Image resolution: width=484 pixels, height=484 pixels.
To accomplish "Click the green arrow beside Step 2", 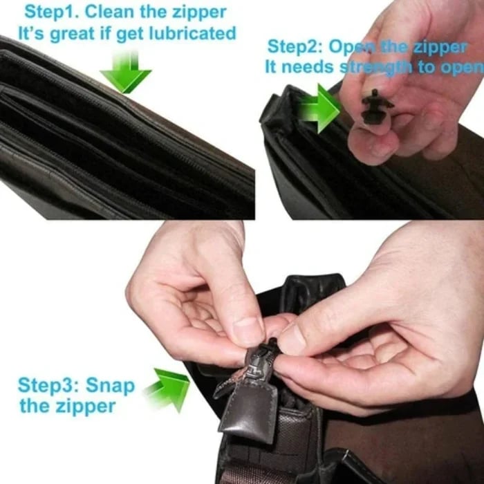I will [320, 109].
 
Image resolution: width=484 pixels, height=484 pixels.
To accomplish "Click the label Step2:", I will [295, 47].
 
